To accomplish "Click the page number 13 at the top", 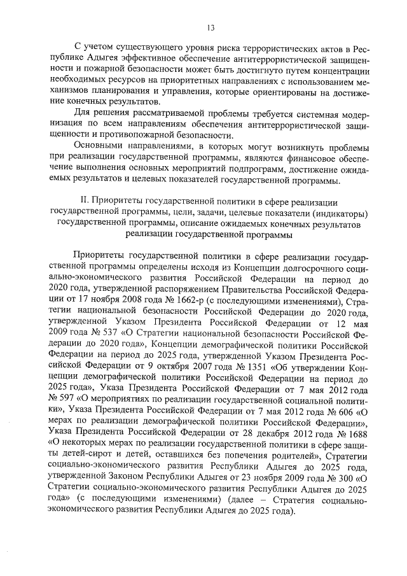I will [210, 26].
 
